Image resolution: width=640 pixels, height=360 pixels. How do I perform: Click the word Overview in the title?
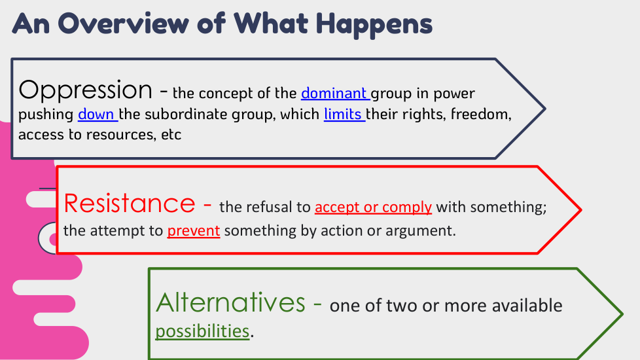[124, 24]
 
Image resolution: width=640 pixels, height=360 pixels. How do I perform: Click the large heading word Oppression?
[85, 90]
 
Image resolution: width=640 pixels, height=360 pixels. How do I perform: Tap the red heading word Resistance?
[130, 204]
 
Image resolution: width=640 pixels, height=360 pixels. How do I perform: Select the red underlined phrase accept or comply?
[373, 207]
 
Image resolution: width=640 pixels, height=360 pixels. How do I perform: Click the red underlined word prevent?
[194, 231]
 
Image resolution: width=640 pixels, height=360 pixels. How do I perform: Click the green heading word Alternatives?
[230, 302]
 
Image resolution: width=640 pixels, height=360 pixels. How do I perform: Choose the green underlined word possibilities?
[202, 331]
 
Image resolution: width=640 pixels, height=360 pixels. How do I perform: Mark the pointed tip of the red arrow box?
[581, 210]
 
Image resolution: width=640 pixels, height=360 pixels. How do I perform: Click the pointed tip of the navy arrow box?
[545, 109]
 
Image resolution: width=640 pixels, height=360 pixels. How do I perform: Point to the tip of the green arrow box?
[622, 314]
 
